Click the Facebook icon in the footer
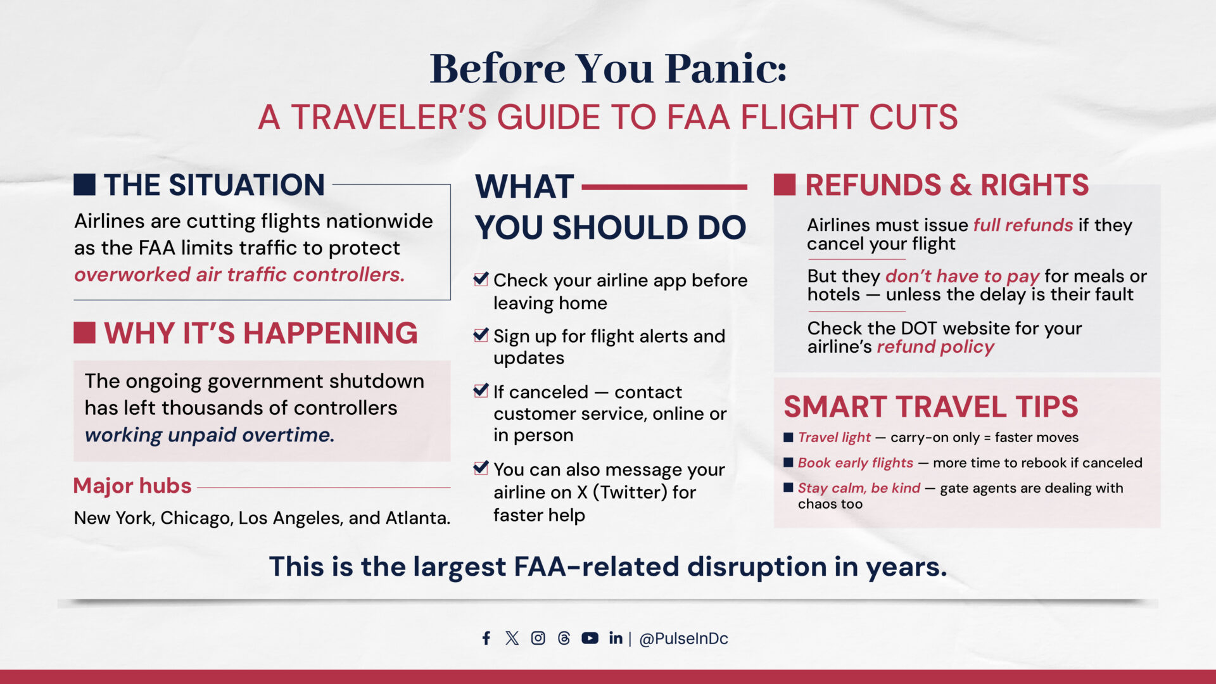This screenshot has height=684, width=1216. click(x=486, y=638)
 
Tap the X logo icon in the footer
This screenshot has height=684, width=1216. click(x=512, y=638)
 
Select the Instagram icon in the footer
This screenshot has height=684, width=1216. click(x=538, y=638)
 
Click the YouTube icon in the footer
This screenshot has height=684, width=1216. click(x=590, y=638)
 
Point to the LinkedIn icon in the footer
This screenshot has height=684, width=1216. click(x=616, y=638)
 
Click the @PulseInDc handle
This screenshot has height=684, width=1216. click(x=683, y=638)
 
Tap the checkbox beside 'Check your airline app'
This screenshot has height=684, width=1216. click(x=481, y=279)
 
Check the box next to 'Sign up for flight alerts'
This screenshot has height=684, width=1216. click(x=481, y=334)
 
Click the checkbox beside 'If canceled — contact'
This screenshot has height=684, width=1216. click(x=481, y=390)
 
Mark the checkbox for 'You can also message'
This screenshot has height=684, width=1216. click(x=481, y=468)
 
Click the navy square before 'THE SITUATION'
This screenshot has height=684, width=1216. click(x=84, y=184)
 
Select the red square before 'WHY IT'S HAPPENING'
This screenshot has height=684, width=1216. click(x=84, y=332)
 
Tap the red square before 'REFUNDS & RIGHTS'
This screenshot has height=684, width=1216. click(x=785, y=184)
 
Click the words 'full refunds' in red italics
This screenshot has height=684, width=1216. click(x=1023, y=225)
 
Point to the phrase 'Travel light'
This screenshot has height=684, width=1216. click(x=834, y=438)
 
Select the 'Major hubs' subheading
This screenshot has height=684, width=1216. click(x=132, y=485)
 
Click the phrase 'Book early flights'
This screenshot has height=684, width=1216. click(x=856, y=463)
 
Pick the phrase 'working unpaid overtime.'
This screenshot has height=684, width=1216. click(x=210, y=435)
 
